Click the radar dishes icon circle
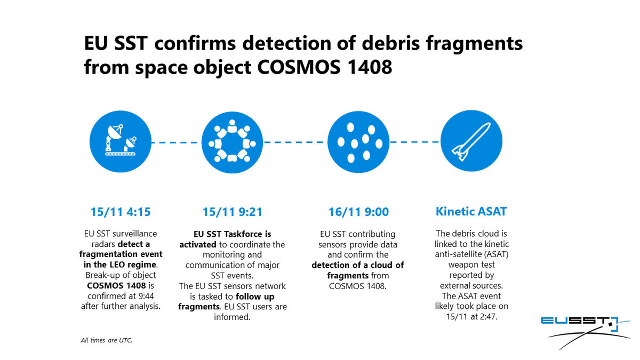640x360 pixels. click(x=121, y=142)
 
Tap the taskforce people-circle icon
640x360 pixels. click(x=232, y=142)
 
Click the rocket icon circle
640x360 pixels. click(x=471, y=142)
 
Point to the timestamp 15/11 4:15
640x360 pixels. click(x=121, y=212)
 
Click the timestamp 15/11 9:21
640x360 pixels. click(x=232, y=212)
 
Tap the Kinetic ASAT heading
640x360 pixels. click(x=471, y=212)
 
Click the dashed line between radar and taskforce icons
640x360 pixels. click(x=176, y=142)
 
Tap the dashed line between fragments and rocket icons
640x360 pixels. click(x=414, y=142)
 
